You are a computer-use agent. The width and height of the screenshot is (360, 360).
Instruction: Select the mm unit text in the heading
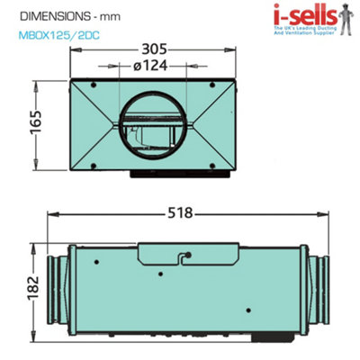(x=109, y=16)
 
